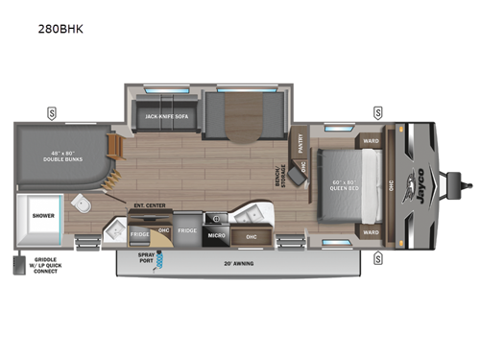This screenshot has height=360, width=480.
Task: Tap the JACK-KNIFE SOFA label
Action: [x=163, y=116]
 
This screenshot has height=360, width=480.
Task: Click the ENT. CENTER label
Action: [x=144, y=204]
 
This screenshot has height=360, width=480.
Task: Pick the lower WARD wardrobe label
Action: [x=371, y=231]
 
